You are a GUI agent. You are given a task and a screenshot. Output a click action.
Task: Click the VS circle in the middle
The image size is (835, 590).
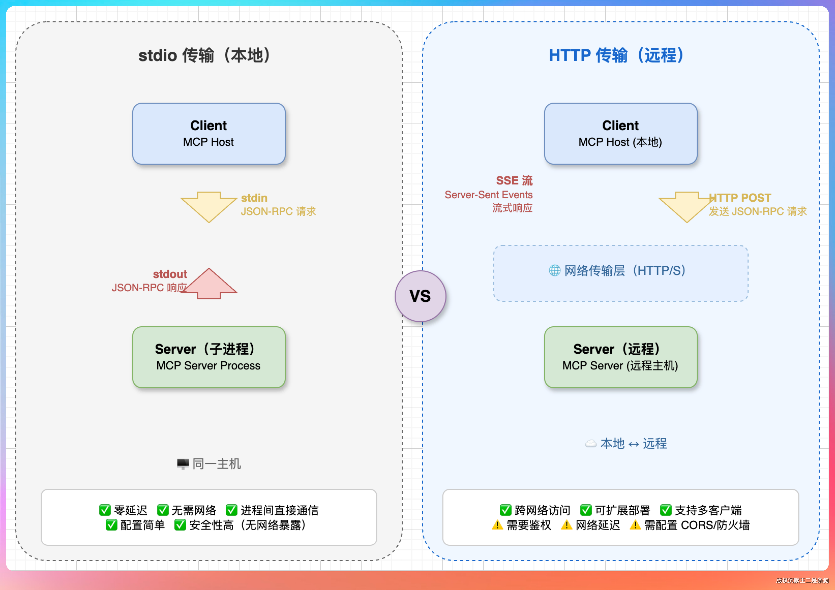click(x=420, y=296)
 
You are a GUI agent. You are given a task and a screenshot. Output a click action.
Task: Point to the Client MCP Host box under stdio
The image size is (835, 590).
click(x=209, y=133)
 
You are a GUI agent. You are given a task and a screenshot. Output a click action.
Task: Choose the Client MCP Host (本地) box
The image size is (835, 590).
click(x=620, y=133)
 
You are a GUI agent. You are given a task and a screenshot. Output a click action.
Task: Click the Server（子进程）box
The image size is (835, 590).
click(x=209, y=357)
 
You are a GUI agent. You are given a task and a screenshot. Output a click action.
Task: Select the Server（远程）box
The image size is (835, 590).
click(x=620, y=357)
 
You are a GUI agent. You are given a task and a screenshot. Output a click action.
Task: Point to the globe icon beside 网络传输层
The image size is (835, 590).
click(x=554, y=270)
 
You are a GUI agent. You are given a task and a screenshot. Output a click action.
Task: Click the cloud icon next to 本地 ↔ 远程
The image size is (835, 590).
click(x=591, y=443)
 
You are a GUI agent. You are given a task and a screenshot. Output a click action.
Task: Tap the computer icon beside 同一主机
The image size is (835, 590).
click(x=183, y=464)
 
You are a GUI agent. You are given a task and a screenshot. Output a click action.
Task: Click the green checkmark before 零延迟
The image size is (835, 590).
click(x=105, y=510)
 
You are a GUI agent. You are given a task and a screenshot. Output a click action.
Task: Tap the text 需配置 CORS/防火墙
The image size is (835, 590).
click(x=697, y=525)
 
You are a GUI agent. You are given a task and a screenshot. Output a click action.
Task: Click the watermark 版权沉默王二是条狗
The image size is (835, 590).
click(x=802, y=580)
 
